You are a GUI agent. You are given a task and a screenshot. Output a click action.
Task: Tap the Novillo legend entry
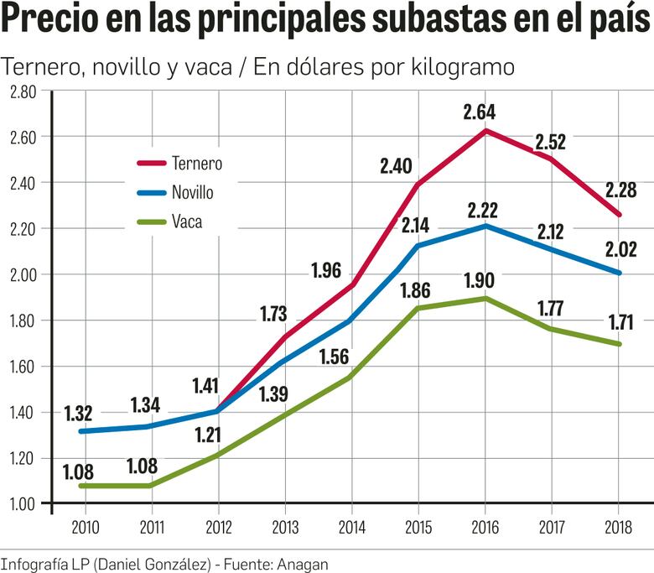[x=193, y=193]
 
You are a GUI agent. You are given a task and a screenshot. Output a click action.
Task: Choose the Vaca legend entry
[x=187, y=222]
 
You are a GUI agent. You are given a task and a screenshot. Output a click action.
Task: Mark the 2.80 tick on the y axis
[x=23, y=91]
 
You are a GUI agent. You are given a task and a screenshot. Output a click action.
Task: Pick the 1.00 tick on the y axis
[x=23, y=503]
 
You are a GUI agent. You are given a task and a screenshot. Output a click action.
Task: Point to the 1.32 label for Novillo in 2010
[x=78, y=412]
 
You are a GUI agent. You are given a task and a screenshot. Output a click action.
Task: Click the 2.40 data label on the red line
[x=396, y=166]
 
